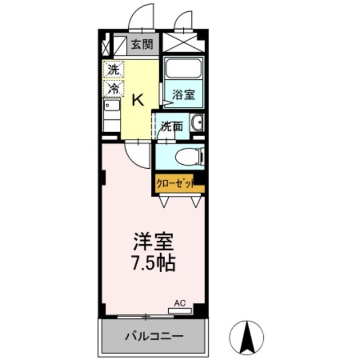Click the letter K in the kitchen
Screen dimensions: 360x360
coord(138,100)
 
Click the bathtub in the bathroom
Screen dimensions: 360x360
coord(183,69)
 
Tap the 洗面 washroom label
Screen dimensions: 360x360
coord(172,127)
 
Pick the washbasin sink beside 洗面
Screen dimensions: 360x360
coord(196,124)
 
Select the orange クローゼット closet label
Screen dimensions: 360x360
coord(175,183)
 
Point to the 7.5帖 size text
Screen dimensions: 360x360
coord(153,263)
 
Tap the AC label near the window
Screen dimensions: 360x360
coord(179,303)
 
